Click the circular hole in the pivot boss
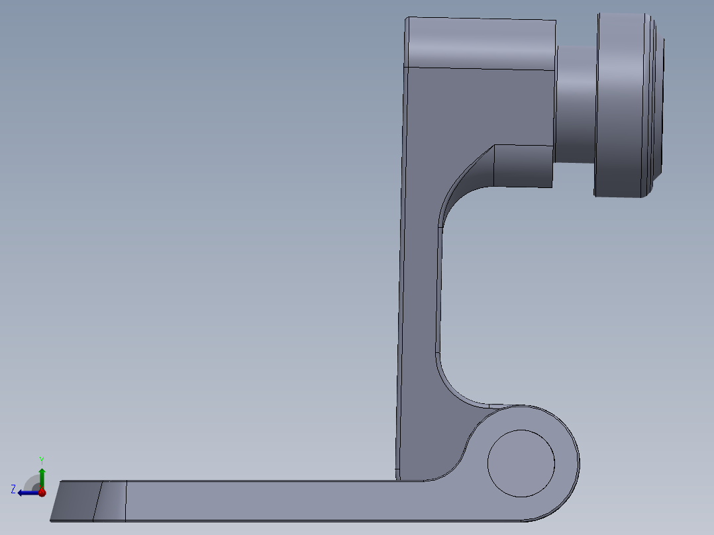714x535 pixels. (x=521, y=463)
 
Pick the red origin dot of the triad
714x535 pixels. (x=42, y=492)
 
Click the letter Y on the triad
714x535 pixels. (x=41, y=460)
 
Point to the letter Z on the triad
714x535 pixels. (x=13, y=489)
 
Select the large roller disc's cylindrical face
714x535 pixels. (x=620, y=106)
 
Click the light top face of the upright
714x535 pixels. (x=480, y=43)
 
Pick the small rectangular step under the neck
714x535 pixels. (x=523, y=166)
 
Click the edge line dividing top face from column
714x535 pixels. (x=480, y=68)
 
